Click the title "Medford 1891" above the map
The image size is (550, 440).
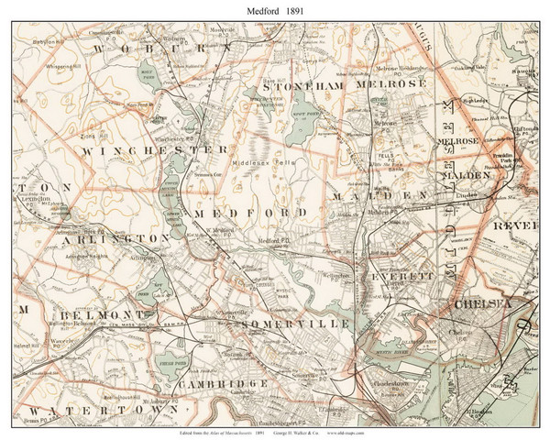coord(275,10)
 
